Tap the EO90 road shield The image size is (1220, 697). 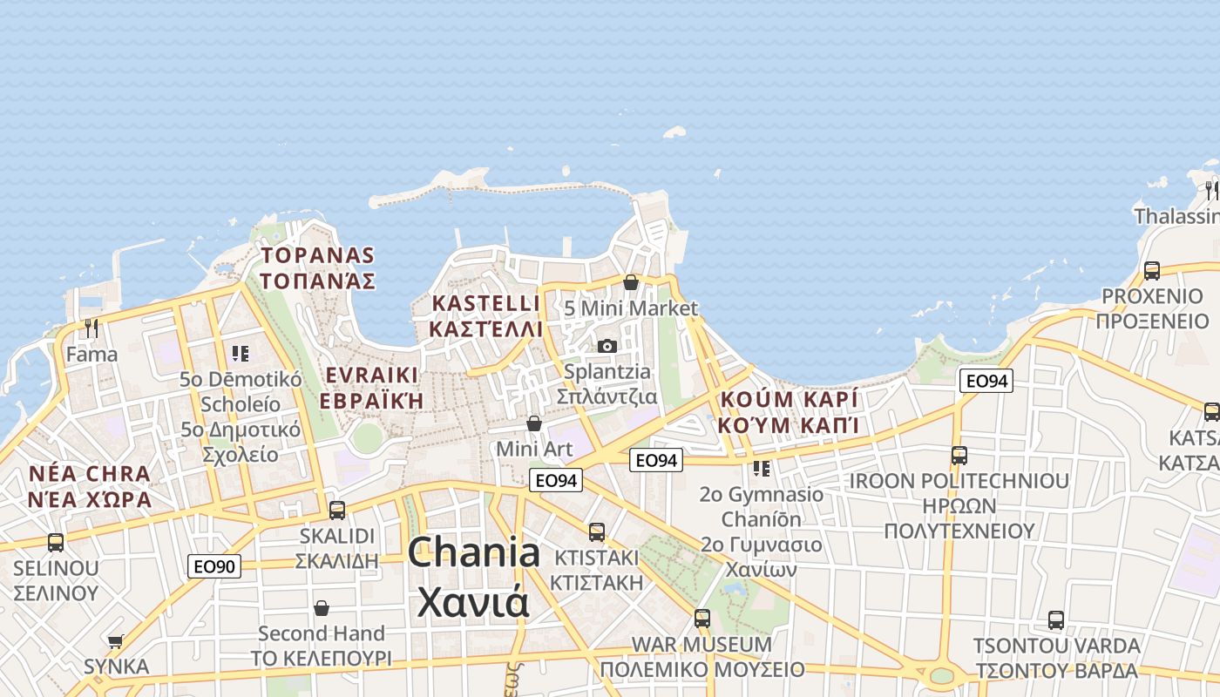click(213, 567)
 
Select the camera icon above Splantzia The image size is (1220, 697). click(607, 347)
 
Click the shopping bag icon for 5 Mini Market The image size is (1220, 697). click(631, 282)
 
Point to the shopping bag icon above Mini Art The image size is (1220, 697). click(534, 423)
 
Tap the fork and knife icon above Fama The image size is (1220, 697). click(91, 328)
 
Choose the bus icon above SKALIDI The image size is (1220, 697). click(337, 511)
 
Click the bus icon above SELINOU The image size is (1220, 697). click(56, 543)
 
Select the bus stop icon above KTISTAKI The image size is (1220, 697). click(597, 532)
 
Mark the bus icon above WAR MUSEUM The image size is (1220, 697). click(702, 619)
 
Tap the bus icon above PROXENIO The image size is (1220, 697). click(1152, 271)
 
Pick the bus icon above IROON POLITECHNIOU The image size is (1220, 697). click(959, 456)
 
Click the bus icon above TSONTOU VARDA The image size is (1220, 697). click(1056, 620)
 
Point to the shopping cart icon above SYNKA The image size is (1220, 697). click(115, 642)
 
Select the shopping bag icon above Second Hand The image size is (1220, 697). click(322, 608)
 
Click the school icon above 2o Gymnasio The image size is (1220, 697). click(762, 469)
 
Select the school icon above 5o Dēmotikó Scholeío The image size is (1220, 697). click(241, 354)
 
